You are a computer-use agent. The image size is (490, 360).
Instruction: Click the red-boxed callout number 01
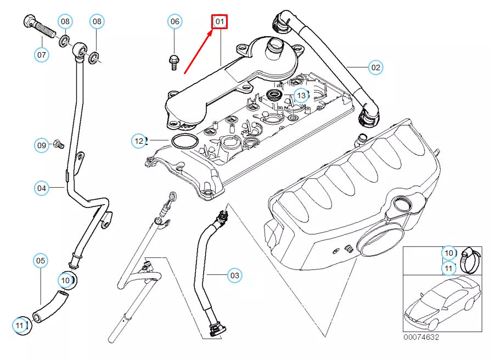tap(219, 22)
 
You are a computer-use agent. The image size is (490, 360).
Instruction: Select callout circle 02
tap(375, 67)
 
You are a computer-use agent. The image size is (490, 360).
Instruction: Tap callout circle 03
tap(234, 275)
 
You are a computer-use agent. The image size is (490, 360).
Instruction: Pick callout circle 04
tap(42, 188)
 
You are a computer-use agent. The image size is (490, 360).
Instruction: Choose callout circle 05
tap(41, 260)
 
